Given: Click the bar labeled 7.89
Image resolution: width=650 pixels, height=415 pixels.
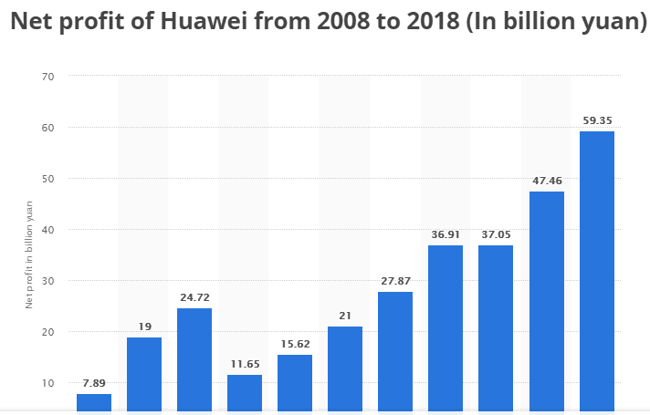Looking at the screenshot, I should click(x=94, y=402).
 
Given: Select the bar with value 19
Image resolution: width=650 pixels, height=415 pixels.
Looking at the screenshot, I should click(x=144, y=374).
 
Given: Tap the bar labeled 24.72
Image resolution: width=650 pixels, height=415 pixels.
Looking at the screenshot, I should click(x=194, y=359).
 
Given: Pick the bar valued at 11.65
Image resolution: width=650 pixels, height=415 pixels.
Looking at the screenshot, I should click(x=245, y=393).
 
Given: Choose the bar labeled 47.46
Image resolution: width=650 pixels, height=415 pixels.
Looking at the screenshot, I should click(x=546, y=301).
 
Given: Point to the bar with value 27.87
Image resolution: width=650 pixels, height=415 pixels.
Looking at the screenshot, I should click(x=395, y=351).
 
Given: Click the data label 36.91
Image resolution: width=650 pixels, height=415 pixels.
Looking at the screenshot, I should click(x=446, y=234).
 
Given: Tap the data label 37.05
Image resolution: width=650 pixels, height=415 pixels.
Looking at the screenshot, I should click(x=496, y=234).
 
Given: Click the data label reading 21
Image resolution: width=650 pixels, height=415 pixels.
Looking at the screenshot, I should click(x=345, y=316).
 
